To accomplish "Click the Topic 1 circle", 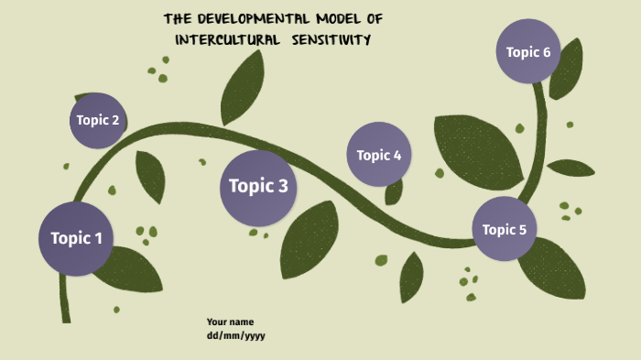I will [76, 239].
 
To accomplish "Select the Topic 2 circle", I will [98, 120].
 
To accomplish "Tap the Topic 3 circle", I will [258, 187].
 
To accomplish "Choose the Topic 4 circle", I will [379, 155].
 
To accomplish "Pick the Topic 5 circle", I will [505, 229].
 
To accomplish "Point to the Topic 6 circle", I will [528, 52].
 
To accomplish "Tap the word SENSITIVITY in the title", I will [332, 39].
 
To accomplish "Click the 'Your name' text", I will [230, 322].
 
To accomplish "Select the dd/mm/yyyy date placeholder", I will [235, 335].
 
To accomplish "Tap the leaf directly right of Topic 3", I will [310, 236].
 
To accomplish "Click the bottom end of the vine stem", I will [66, 317].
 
